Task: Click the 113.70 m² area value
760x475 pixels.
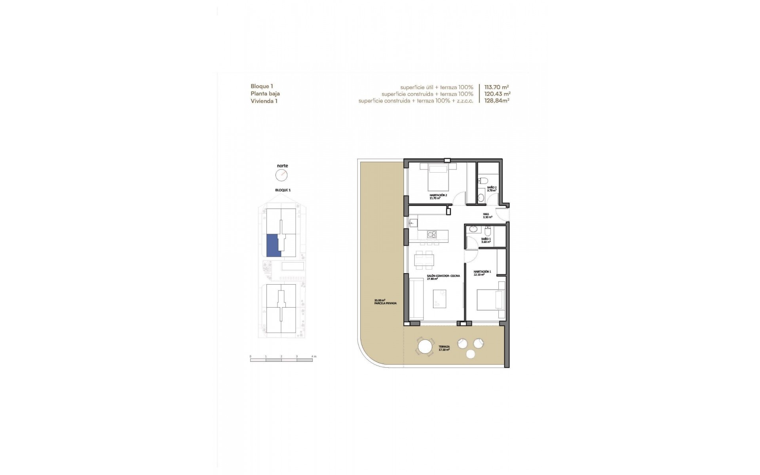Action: pos(496,87)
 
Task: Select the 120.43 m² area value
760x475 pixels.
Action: pos(497,94)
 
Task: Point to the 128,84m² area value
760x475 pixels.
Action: pos(497,101)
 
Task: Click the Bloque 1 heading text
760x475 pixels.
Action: pos(262,86)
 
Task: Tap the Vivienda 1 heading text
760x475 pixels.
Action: pos(264,101)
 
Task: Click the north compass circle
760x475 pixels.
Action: pos(281,175)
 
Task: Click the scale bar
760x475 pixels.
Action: pos(281,360)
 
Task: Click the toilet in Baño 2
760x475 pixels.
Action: pos(482,181)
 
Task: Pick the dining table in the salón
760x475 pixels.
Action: pos(424,260)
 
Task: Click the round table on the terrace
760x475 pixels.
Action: pos(425,348)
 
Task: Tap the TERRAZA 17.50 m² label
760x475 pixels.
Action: pos(444,348)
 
